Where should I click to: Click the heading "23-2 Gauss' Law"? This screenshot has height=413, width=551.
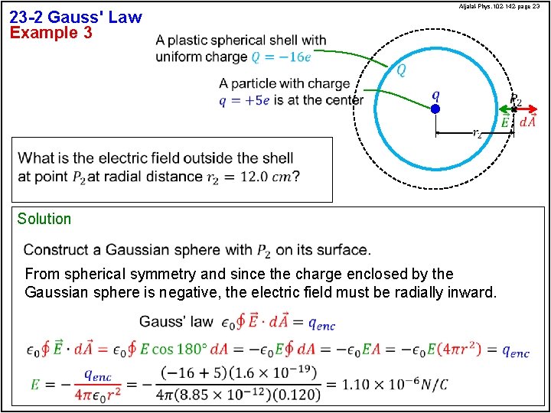[76, 17]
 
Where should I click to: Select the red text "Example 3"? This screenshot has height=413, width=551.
[51, 33]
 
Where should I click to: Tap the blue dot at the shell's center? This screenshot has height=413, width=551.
[435, 109]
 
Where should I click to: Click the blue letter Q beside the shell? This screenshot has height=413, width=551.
[401, 71]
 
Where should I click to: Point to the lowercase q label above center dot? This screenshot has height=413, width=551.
[435, 95]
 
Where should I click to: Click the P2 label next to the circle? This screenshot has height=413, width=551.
[516, 100]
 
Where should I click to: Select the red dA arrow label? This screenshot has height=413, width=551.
[528, 122]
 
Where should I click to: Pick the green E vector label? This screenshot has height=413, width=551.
[505, 122]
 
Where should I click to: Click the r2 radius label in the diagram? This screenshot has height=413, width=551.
[477, 133]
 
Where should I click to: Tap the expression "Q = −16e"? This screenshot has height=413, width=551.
[282, 57]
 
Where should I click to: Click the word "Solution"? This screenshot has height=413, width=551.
[44, 219]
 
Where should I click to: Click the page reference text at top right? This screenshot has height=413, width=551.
[500, 7]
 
